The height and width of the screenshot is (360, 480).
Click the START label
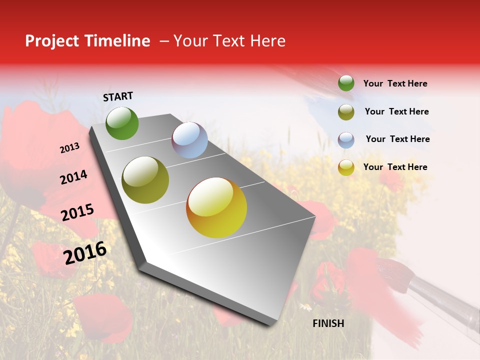coord(118,96)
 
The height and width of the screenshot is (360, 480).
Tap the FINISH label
coord(328,323)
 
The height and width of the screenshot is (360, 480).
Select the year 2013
coord(69,147)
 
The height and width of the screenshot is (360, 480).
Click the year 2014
coord(73,177)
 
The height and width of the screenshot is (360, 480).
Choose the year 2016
coord(85,252)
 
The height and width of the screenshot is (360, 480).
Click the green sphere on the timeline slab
coord(122,123)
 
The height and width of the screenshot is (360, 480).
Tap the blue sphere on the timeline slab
coord(189,140)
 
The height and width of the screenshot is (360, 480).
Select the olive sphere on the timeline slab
coord(145,180)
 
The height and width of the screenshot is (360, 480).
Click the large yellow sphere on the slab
coord(216,207)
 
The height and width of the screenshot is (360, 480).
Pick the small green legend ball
coord(346,83)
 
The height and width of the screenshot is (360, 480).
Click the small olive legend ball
coord(346,112)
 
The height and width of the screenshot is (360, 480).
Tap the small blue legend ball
coord(346,140)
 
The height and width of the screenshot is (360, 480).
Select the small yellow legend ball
coord(346,167)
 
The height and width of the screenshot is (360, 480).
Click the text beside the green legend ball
coord(395,83)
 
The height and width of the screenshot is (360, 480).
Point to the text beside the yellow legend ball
coord(395,167)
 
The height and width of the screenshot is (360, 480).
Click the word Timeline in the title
coord(117,41)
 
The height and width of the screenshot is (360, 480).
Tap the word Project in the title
coord(52,41)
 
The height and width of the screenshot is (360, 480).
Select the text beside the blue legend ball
coord(397,139)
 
